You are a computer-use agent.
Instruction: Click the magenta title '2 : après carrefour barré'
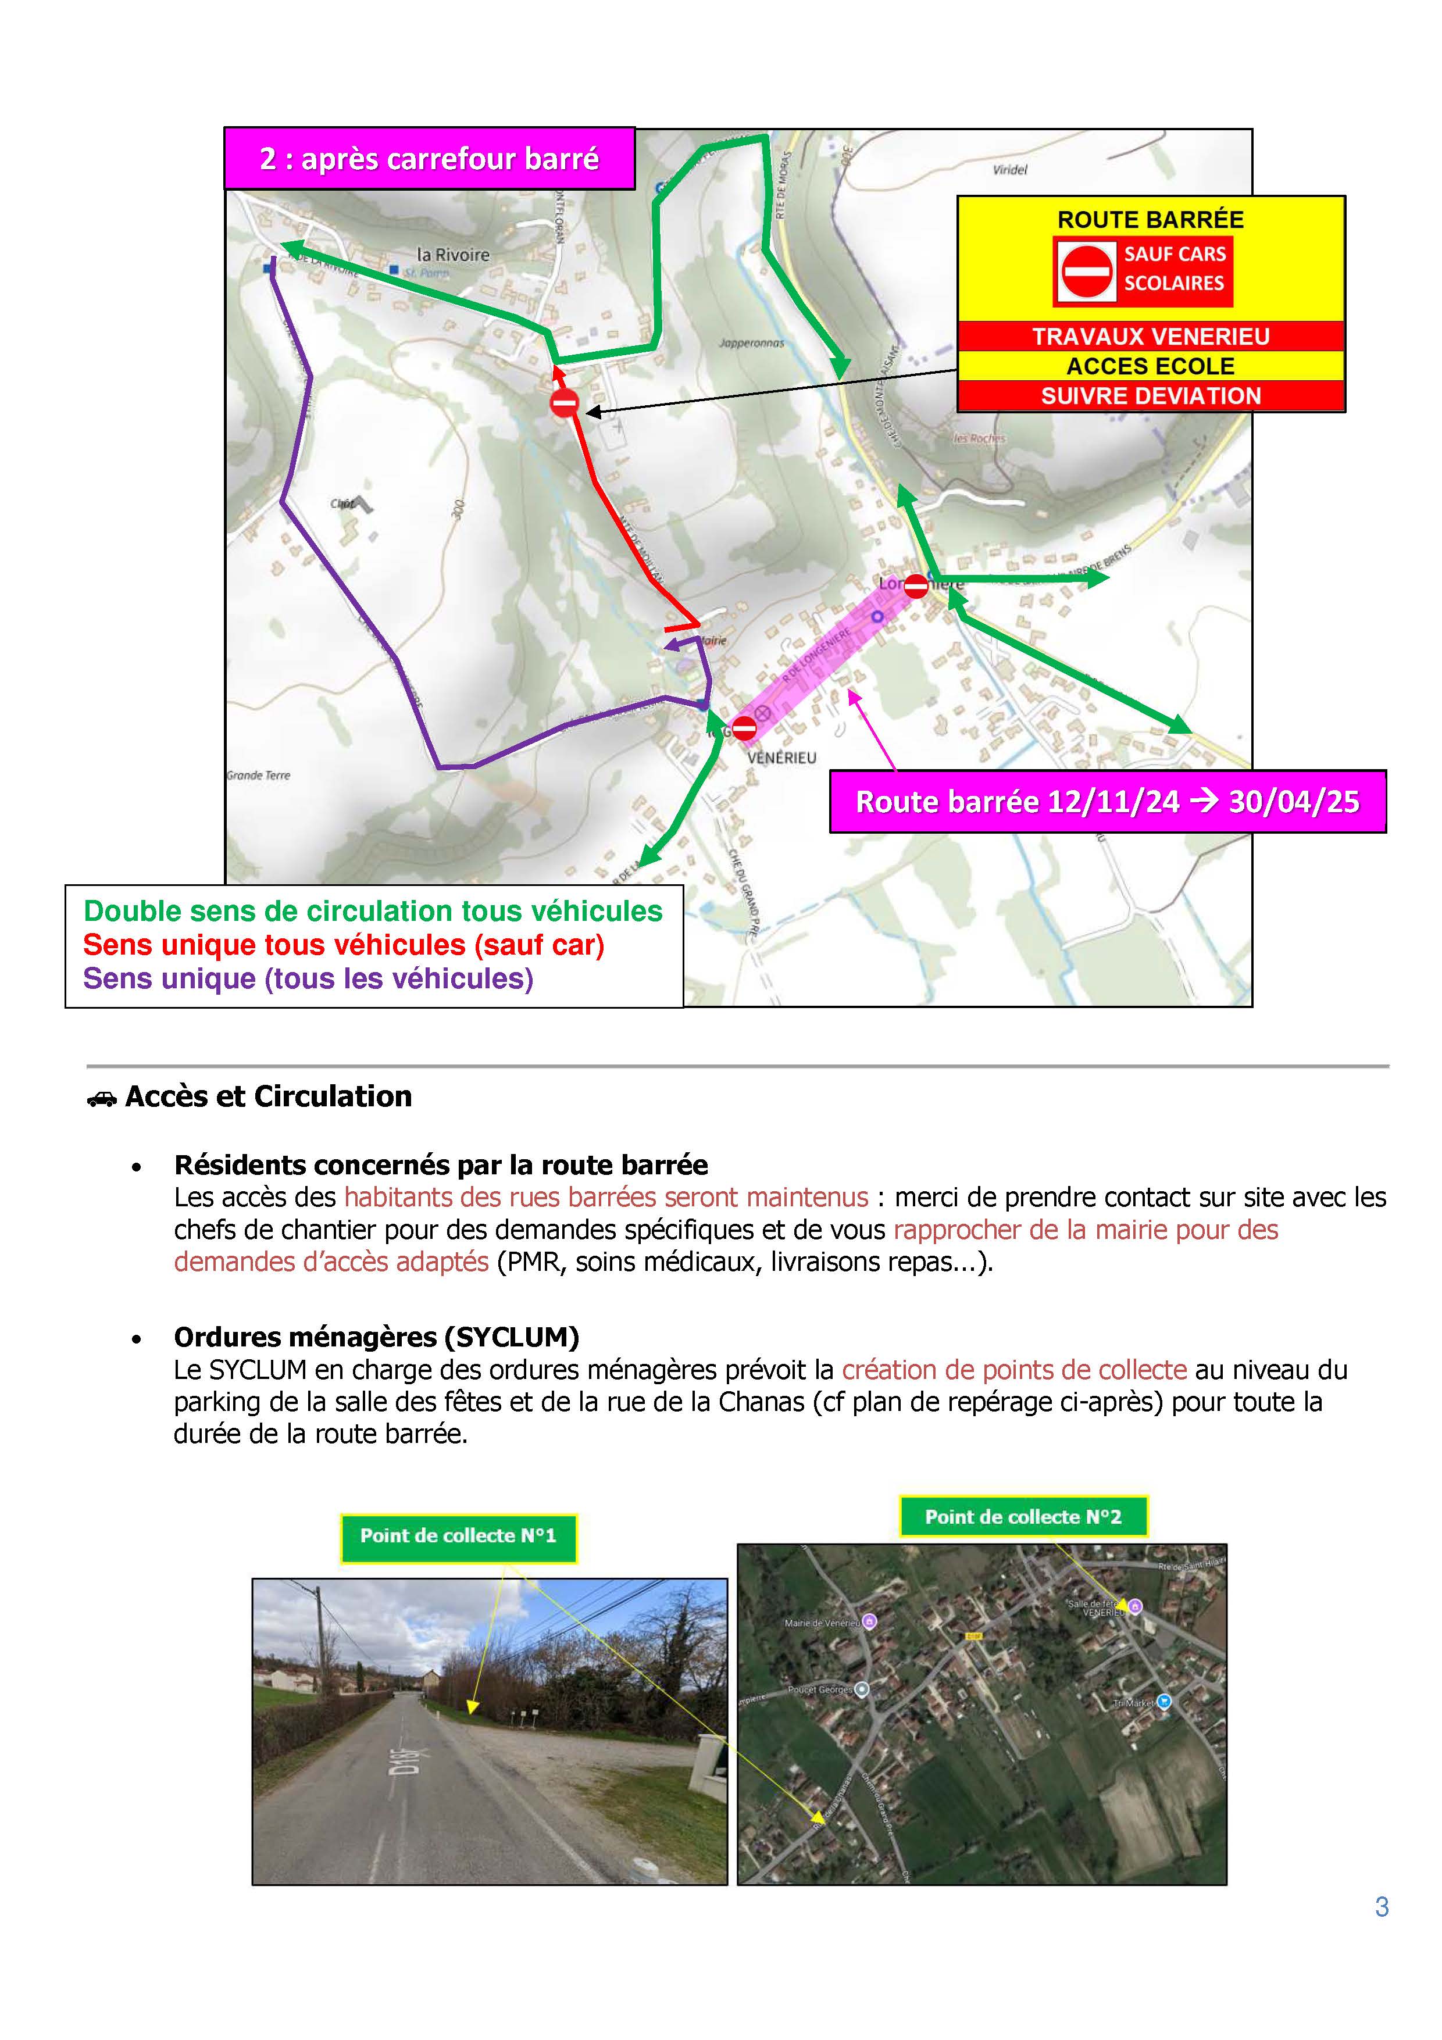429,159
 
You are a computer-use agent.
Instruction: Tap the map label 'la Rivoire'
453,255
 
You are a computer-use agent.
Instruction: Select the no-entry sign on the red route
564,403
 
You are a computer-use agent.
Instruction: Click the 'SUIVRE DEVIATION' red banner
1151,396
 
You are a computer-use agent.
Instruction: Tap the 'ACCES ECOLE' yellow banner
1151,366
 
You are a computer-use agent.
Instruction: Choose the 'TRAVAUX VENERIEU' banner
1151,337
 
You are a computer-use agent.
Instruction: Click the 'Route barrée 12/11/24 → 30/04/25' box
1107,802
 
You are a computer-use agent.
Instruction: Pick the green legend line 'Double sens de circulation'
373,912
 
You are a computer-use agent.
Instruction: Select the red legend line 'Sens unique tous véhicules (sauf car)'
344,945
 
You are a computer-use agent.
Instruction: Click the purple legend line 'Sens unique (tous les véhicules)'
308,978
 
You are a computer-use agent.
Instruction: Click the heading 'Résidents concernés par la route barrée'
441,1165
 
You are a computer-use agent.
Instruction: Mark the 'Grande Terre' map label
259,775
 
